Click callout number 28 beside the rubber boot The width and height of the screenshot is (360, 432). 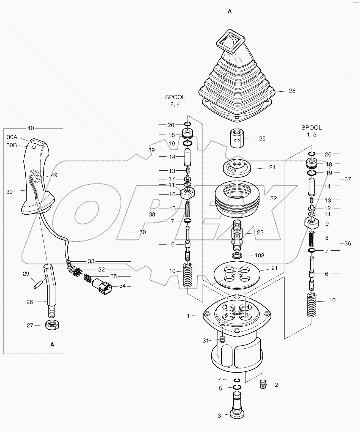pos(292,91)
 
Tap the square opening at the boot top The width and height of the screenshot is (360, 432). pos(230,41)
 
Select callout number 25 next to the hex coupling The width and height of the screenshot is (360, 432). pos(262,138)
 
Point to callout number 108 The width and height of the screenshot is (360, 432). pos(259,255)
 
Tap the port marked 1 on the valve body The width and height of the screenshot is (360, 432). pos(247,317)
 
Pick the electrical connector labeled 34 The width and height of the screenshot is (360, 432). pos(102,285)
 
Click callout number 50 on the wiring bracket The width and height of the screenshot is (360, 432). pos(143,232)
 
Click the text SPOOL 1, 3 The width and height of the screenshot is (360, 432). pos(312,131)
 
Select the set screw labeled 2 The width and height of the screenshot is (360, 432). pos(263,384)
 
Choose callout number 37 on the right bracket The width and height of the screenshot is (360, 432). pos(348,179)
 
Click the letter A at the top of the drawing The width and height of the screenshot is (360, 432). pos(230,11)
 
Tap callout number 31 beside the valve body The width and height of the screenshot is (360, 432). pos(206,341)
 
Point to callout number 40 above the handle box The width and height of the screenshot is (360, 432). pos(31,128)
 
